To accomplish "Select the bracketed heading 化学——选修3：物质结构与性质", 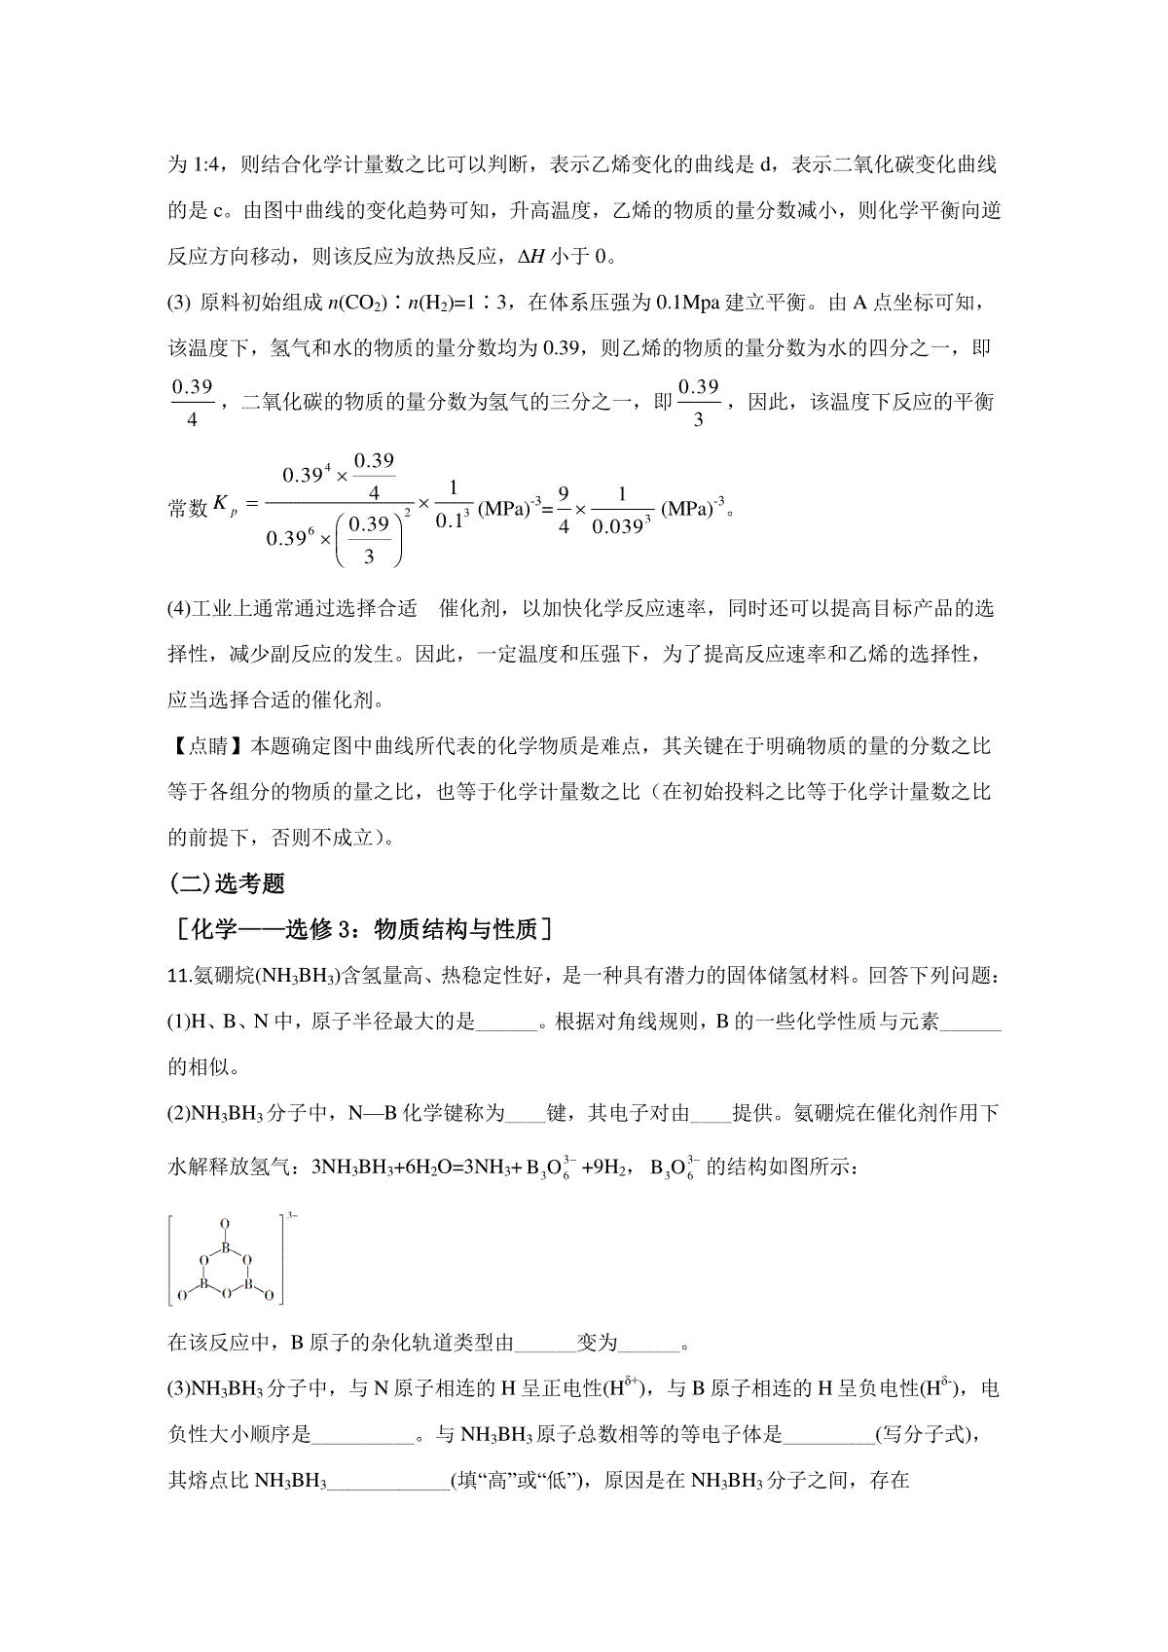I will click(361, 929).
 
